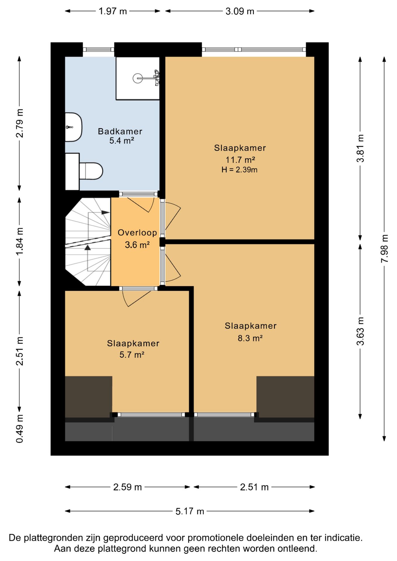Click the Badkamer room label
(x=120, y=131)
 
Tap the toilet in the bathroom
(x=91, y=171)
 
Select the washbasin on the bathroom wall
(x=73, y=127)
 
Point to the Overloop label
(x=137, y=233)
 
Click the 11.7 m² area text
(x=240, y=160)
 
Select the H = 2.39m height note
(x=239, y=170)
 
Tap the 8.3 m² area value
(x=250, y=338)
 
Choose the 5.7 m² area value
(x=132, y=355)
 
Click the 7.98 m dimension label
(x=384, y=249)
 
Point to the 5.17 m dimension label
(x=190, y=511)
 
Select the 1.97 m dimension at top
(x=113, y=11)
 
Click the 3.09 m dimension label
(x=240, y=11)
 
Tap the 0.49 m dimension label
(x=20, y=429)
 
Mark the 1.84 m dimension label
(x=20, y=241)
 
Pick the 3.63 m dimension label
(x=360, y=331)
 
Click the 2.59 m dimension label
(x=127, y=487)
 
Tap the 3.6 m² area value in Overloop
(x=137, y=245)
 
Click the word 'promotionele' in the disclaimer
(x=216, y=538)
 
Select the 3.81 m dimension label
(x=360, y=148)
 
